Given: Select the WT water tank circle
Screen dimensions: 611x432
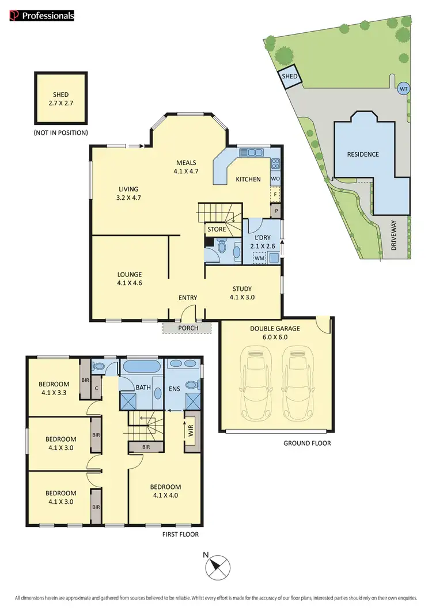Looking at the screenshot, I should click(404, 89).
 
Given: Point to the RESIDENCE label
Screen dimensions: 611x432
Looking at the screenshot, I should click(363, 154).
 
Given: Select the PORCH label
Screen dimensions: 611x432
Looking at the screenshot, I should click(188, 328).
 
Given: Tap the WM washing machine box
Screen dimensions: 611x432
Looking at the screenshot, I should click(260, 259).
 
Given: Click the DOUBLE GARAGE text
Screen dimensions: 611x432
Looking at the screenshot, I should click(274, 329).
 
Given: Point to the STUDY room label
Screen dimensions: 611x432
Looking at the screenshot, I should click(242, 293).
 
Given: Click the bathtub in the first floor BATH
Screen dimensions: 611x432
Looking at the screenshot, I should click(141, 367).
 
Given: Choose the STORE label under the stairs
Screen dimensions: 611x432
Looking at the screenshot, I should click(217, 230).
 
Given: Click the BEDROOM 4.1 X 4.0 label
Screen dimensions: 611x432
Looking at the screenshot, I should click(167, 490).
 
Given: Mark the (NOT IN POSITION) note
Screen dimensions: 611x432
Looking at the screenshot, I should click(61, 133).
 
